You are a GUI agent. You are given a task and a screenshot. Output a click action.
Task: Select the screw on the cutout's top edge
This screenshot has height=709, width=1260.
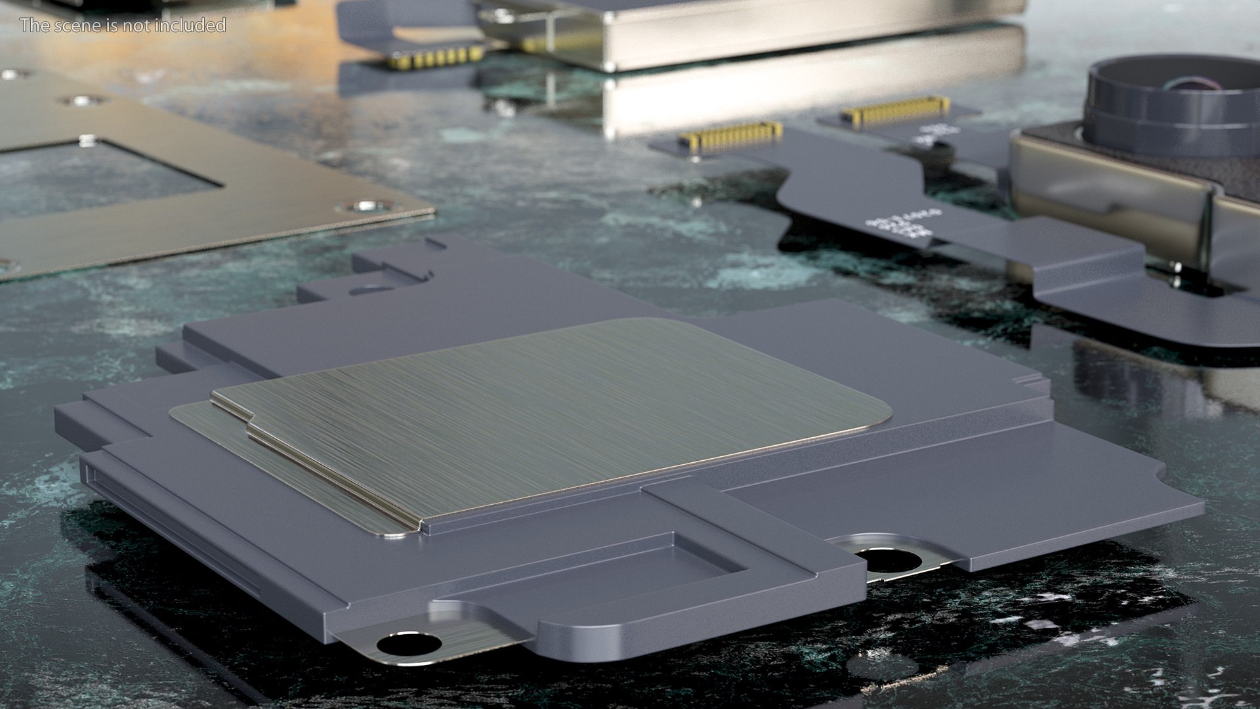pos(86,140)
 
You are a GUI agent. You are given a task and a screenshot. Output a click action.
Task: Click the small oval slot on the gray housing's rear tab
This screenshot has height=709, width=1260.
pos(367,288)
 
